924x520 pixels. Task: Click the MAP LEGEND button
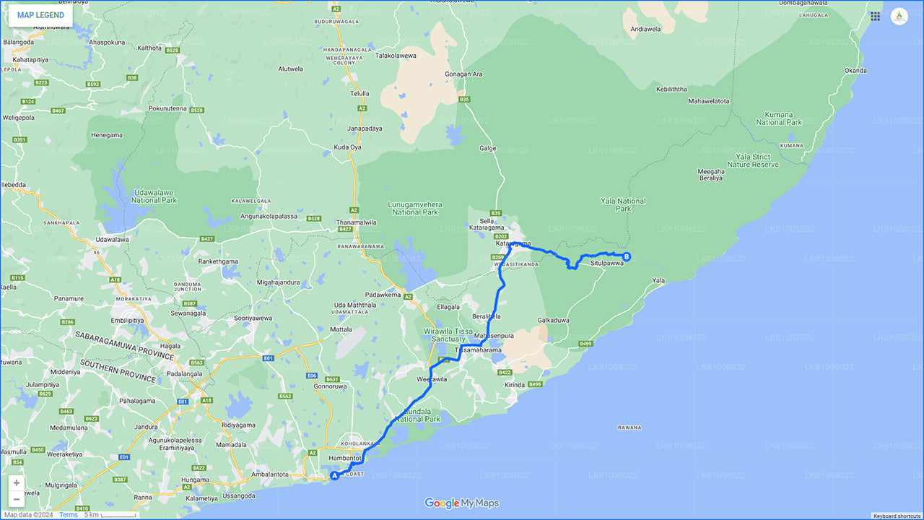[x=40, y=15]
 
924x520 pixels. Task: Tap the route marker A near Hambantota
[x=334, y=476]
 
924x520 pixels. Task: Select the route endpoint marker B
[x=627, y=256]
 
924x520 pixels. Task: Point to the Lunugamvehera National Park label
[x=415, y=209]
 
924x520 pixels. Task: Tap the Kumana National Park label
[x=779, y=118]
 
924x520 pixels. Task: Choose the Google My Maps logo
[x=462, y=503]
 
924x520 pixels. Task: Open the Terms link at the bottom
[x=69, y=515]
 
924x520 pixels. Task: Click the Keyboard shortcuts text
[x=896, y=516]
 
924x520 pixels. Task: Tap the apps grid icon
[x=875, y=16]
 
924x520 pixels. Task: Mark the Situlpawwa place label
[x=606, y=264]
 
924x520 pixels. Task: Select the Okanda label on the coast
[x=855, y=71]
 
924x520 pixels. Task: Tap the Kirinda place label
[x=515, y=386]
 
